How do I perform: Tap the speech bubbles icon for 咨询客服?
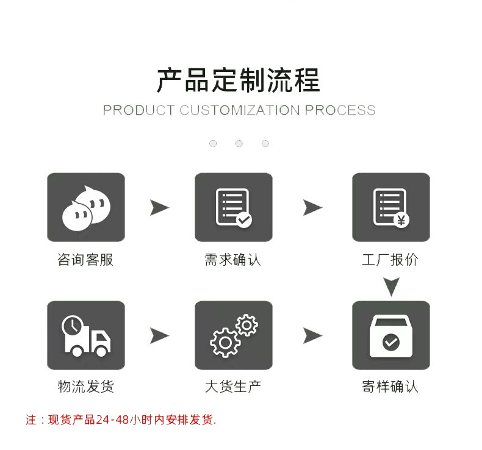pos(85,207)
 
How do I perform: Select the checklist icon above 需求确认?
pos(233,207)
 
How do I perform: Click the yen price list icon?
pos(390,207)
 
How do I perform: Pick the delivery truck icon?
pos(85,335)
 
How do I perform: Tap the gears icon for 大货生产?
pos(233,335)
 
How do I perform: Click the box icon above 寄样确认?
pos(390,335)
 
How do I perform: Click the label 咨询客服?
pos(85,260)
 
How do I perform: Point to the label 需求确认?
pos(232,260)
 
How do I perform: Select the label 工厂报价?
pos(390,260)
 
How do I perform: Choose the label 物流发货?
pos(85,386)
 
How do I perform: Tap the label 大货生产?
pos(232,386)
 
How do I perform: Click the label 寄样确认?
pos(390,386)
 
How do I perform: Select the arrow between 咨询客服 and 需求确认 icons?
pos(159,208)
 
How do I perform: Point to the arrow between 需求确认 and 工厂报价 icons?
pos(312,208)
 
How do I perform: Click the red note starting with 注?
pos(121,420)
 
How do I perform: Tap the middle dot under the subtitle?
pos(239,144)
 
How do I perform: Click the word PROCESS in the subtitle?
pos(340,110)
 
